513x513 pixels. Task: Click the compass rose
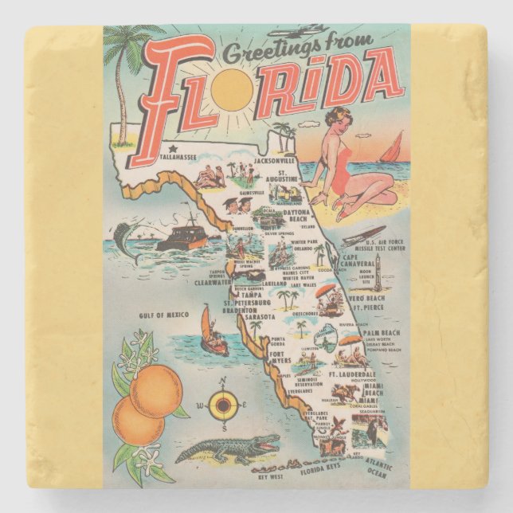pyautogui.click(x=224, y=406)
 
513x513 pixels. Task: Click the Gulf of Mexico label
pyautogui.click(x=166, y=315)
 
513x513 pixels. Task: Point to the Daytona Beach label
pyautogui.click(x=293, y=215)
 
